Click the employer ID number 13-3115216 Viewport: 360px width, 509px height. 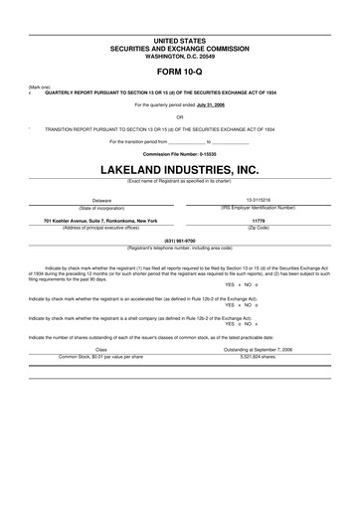258,200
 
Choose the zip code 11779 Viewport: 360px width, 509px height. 258,220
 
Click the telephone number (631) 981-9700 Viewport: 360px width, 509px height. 180,240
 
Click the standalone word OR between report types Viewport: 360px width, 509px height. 180,116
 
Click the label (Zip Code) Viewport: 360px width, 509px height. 258,227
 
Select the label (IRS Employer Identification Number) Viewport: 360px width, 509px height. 258,207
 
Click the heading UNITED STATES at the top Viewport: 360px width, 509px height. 180,40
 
